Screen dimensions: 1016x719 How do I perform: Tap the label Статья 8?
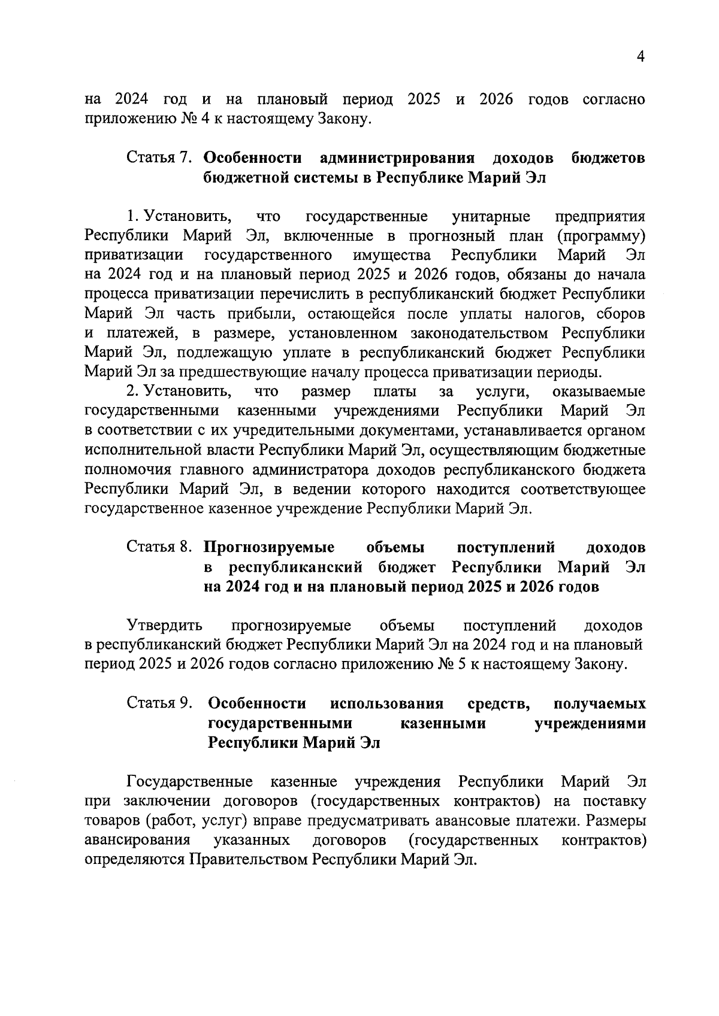pos(158,547)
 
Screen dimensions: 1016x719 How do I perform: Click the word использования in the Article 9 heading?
pos(387,703)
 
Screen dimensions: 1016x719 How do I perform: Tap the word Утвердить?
pos(164,626)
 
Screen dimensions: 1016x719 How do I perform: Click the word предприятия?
pos(600,216)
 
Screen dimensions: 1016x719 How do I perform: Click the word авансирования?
pos(138,841)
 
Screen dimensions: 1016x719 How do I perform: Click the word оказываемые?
pos(599,392)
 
